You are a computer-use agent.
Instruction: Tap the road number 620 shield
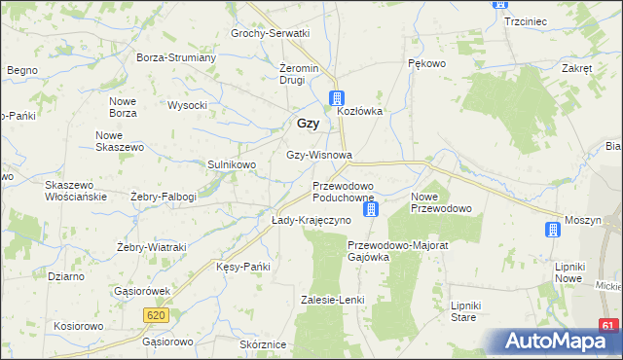(156, 315)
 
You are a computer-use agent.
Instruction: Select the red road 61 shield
(608, 326)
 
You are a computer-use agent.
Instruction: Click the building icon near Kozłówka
(336, 97)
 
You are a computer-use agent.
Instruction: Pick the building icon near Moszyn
(553, 230)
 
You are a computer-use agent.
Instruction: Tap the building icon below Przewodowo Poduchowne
(370, 209)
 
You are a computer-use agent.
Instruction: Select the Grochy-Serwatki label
(270, 33)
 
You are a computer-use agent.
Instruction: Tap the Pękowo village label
(425, 63)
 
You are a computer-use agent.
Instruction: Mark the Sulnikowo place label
(232, 164)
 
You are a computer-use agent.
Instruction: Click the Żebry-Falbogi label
(164, 197)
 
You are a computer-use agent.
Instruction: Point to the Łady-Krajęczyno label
(311, 221)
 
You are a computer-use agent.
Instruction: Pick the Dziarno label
(66, 276)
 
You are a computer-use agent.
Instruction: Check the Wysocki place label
(188, 105)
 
